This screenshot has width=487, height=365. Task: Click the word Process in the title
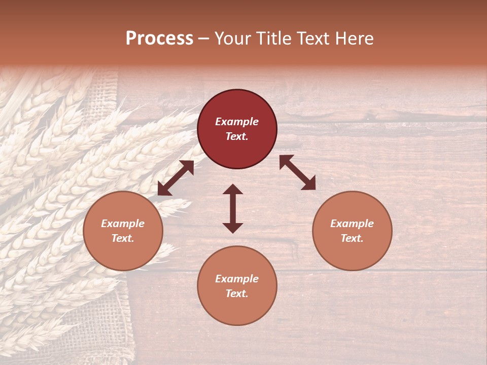point(159,39)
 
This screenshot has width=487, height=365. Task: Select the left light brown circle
point(123,253)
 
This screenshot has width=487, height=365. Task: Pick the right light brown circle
point(352,253)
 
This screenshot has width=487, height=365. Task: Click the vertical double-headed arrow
point(233,209)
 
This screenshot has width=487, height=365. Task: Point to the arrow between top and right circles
point(297,172)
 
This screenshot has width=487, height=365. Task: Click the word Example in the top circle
point(237,122)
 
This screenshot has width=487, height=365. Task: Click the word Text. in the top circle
point(237,136)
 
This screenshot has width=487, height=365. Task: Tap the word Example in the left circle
point(123,224)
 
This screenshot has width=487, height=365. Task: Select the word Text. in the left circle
point(123,238)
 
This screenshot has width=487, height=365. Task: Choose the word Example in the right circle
point(352,224)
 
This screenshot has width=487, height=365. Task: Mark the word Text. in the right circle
point(352,238)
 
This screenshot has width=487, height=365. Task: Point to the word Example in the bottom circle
point(237,279)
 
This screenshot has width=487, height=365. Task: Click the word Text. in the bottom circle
point(237,294)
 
